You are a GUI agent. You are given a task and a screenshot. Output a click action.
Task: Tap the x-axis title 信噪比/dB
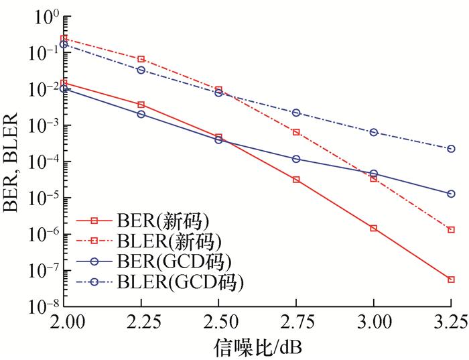coord(258,347)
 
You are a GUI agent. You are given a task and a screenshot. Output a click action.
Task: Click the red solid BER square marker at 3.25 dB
coord(451,280)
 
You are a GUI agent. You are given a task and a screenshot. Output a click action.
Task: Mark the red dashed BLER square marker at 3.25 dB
coord(451,230)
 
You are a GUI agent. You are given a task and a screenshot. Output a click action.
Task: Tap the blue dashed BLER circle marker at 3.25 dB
coord(451,149)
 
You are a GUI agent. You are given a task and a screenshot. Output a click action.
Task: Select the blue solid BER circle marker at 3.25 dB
coord(451,194)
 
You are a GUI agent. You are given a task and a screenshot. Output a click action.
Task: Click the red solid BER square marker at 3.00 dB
coord(374,229)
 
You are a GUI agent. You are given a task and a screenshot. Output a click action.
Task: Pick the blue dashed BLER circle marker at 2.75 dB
coord(296,113)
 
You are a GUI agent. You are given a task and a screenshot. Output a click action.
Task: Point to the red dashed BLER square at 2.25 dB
coord(141,60)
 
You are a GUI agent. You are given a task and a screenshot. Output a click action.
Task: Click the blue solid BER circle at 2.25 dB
coord(141,114)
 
